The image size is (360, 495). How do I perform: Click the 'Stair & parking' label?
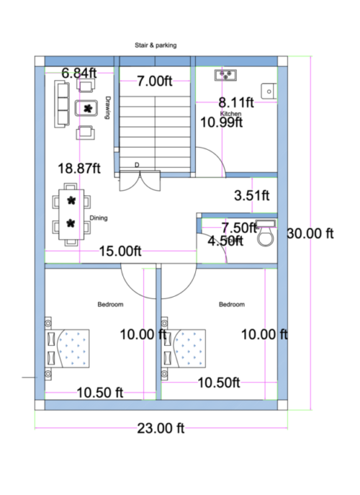point(155,45)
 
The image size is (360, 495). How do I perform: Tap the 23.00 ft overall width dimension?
point(161,428)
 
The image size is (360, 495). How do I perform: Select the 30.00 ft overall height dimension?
point(310,233)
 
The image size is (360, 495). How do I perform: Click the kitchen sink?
point(227,74)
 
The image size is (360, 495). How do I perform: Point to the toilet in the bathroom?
point(266,233)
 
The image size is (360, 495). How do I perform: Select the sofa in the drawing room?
point(61,105)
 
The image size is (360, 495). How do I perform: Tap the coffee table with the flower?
point(87,109)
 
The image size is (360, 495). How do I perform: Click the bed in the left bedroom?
point(69,348)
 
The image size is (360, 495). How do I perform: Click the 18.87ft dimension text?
point(79,168)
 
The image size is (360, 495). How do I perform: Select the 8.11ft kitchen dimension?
point(236,102)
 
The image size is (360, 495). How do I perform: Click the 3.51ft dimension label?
point(252,195)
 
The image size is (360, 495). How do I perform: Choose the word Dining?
point(99,218)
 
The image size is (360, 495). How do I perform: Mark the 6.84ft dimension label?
point(78,73)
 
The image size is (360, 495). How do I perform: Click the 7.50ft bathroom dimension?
point(239,228)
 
